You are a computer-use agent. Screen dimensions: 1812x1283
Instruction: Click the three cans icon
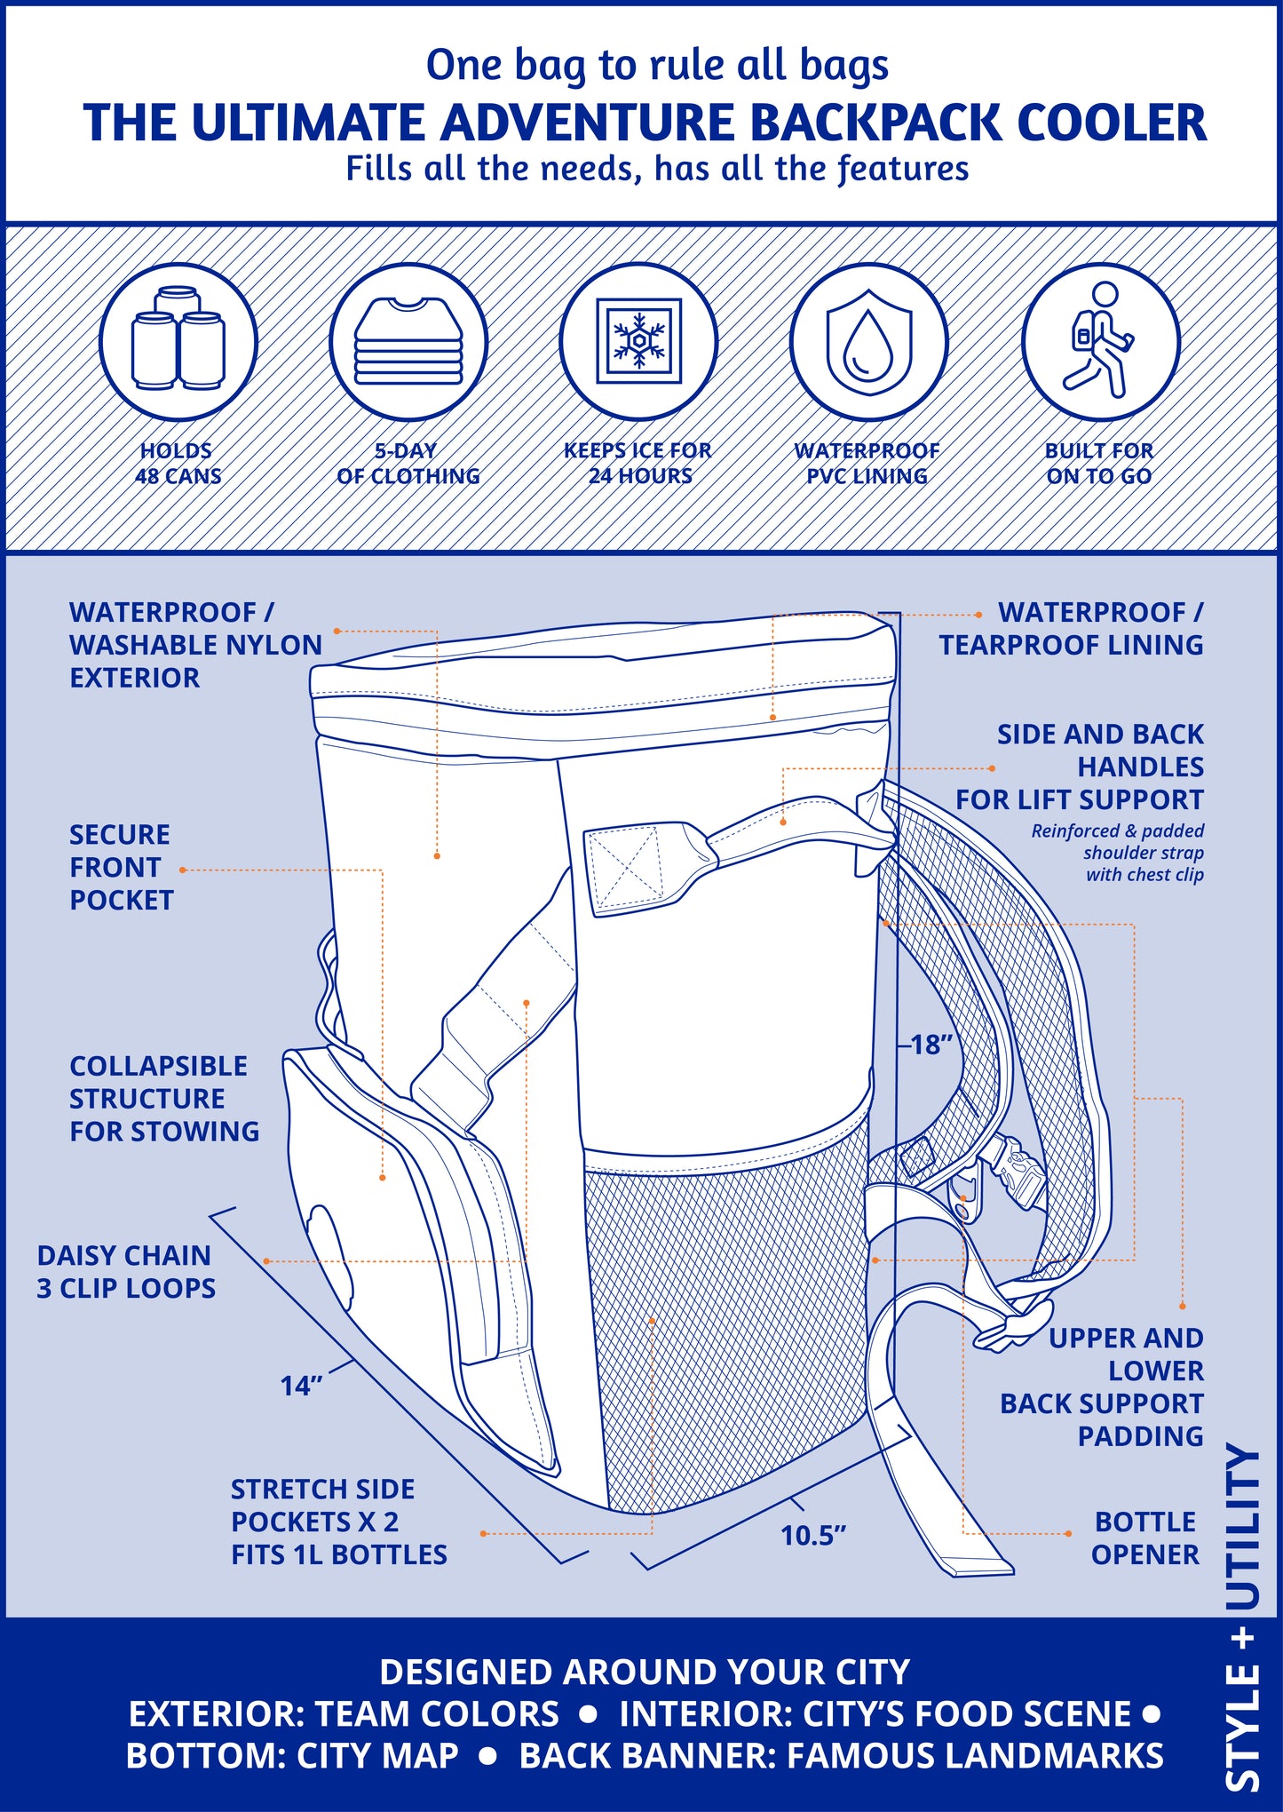(x=178, y=342)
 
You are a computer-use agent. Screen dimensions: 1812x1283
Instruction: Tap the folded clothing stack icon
(x=408, y=342)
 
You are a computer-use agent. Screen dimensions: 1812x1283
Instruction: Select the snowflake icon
(x=638, y=342)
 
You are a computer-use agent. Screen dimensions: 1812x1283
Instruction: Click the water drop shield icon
(x=868, y=342)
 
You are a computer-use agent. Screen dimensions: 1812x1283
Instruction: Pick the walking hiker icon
(x=1099, y=342)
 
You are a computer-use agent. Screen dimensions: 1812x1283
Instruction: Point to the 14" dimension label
(x=301, y=1386)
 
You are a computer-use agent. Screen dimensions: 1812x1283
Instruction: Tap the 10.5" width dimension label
(x=812, y=1536)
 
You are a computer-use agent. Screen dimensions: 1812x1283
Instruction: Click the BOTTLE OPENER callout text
(x=1144, y=1538)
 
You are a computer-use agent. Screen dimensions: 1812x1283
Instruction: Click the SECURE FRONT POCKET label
(x=121, y=867)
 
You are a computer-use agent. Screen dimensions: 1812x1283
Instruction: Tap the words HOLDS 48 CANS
(x=178, y=464)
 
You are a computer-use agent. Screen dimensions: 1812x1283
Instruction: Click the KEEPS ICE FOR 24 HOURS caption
(x=638, y=464)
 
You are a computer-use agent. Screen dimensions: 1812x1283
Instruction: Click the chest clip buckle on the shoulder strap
(x=1021, y=1174)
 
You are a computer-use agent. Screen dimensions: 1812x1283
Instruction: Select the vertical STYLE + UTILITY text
(x=1243, y=1625)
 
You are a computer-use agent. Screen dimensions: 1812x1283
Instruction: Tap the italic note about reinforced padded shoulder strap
(x=1119, y=853)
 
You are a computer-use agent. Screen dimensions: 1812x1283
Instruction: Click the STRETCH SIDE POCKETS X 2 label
(x=338, y=1522)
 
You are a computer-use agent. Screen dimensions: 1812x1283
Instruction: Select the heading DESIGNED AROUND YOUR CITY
(x=645, y=1672)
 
